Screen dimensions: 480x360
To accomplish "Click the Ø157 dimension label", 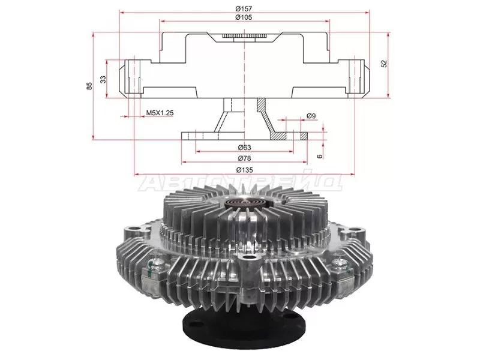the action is point(244,8).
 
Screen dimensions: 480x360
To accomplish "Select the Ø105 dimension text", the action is point(244,17).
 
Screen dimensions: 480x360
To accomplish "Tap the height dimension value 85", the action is point(89,86).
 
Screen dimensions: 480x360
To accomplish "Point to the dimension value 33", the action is point(103,79).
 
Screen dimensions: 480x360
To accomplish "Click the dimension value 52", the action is point(384,64).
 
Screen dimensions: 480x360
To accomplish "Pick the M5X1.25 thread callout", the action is point(160,113).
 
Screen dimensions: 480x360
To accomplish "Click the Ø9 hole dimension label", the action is point(311,116).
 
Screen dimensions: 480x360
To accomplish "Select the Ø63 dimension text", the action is point(244,148).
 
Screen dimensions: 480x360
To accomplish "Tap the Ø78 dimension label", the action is point(244,158).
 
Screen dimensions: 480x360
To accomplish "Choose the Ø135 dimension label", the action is point(245,170).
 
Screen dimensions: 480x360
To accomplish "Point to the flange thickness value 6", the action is point(320,156).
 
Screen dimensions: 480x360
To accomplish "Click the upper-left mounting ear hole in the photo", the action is point(133,229).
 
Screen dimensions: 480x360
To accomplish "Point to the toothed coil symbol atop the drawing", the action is point(244,36).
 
